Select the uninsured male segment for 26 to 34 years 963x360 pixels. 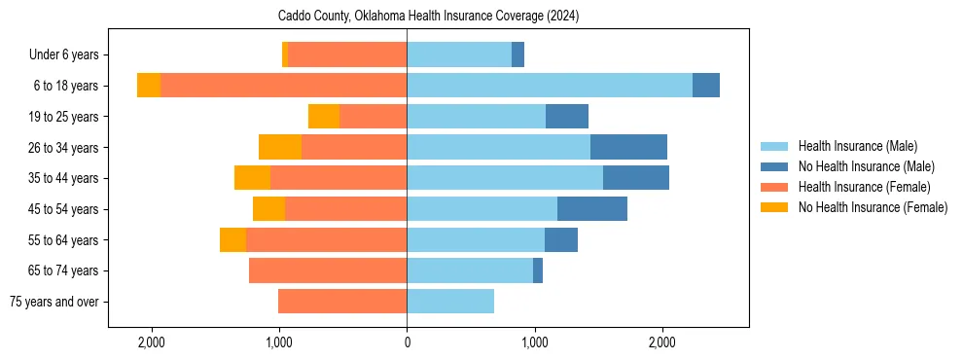coord(628,147)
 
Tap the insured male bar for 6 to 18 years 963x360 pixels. coord(550,86)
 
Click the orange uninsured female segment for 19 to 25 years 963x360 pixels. coord(324,117)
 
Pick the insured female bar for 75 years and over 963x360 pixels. coord(342,302)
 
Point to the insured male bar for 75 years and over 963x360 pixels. coord(450,302)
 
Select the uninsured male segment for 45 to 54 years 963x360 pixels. coord(592,209)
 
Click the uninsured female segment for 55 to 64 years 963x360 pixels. coord(233,240)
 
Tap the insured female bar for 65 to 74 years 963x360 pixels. coord(328,270)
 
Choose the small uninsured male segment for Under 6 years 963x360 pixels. coord(518,54)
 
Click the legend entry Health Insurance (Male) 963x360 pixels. coord(857,146)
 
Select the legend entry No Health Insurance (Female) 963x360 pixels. coord(872,207)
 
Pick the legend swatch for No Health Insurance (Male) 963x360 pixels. coord(776,166)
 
